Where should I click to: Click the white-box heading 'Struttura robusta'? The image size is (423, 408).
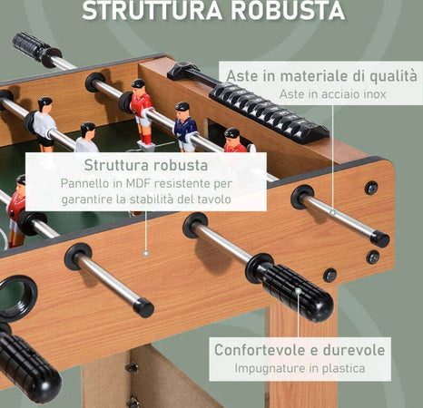point(145,165)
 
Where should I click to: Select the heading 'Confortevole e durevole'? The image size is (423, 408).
point(300,350)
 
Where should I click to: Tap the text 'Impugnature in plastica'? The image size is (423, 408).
point(300,368)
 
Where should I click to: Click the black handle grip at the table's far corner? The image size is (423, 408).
point(33,46)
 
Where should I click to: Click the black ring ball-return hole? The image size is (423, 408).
point(17,296)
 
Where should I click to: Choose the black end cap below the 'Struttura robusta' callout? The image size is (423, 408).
point(143,307)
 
